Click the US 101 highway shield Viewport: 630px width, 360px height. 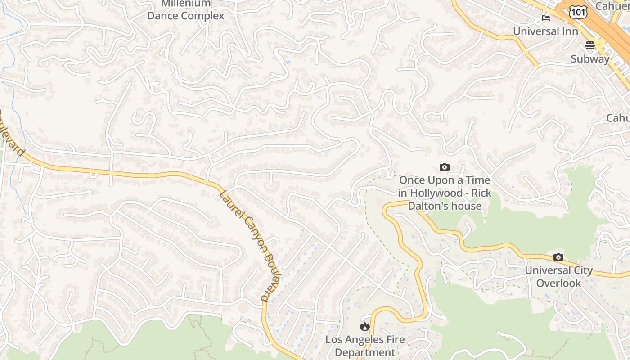[x=578, y=12]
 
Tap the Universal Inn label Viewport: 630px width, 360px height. [x=546, y=31]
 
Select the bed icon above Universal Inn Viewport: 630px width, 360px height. [x=546, y=18]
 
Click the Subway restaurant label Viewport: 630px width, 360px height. [x=590, y=59]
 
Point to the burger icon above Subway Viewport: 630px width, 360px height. [x=590, y=45]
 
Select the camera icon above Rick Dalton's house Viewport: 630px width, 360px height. [x=445, y=167]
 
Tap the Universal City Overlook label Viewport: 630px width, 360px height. [x=558, y=276]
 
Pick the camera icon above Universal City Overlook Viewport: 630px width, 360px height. [x=558, y=257]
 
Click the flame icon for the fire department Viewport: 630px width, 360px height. [x=365, y=326]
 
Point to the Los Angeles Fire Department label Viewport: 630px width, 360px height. [x=365, y=346]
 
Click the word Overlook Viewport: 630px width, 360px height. [x=558, y=283]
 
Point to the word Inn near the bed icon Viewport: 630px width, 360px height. [x=569, y=31]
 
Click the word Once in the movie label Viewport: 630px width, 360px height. [x=413, y=180]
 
